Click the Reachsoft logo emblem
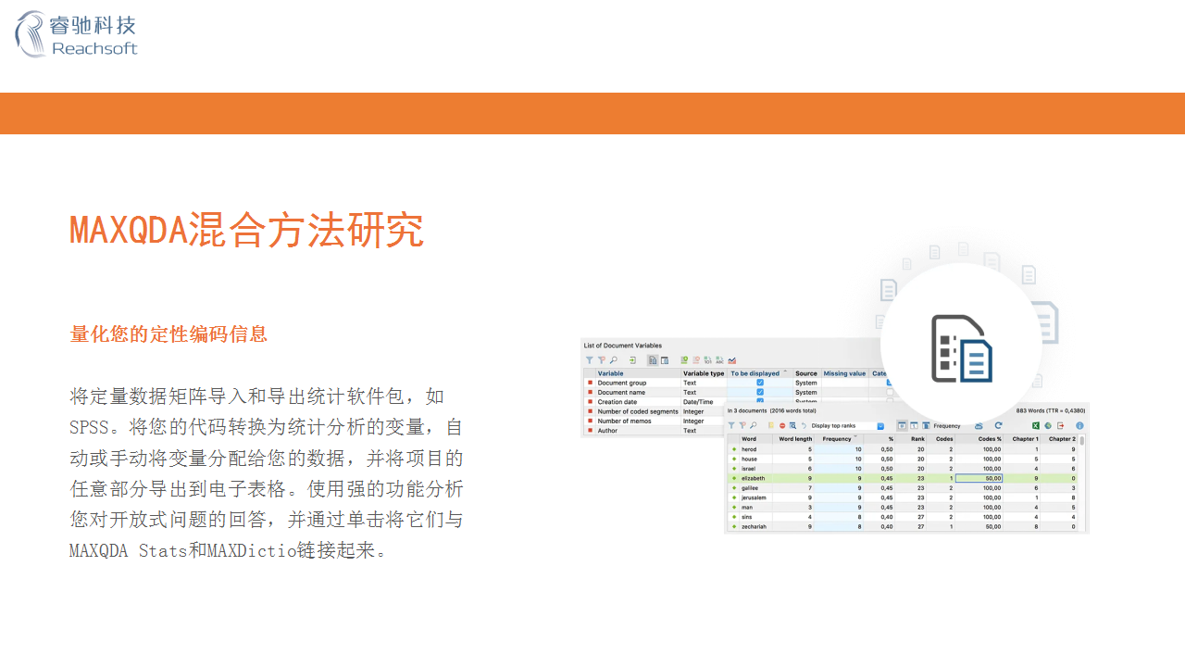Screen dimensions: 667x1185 point(30,34)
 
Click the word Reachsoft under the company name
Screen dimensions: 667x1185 point(94,49)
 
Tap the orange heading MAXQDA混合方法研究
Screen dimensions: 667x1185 point(246,230)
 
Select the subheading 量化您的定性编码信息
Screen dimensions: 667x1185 point(168,334)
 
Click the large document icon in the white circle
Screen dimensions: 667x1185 point(961,348)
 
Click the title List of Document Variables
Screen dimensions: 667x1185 point(622,346)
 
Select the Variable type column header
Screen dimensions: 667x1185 point(704,373)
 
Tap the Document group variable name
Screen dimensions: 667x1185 point(622,383)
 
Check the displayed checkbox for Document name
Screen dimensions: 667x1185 point(760,392)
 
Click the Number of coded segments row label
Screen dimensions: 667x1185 point(638,411)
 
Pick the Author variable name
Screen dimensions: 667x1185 point(607,431)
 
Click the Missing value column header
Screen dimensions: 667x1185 point(844,373)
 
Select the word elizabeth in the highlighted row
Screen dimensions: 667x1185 point(753,478)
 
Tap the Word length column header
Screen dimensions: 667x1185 point(795,439)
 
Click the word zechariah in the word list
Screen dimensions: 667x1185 point(755,526)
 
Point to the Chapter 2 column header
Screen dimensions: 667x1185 point(1061,439)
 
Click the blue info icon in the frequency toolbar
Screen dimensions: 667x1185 point(1079,425)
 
